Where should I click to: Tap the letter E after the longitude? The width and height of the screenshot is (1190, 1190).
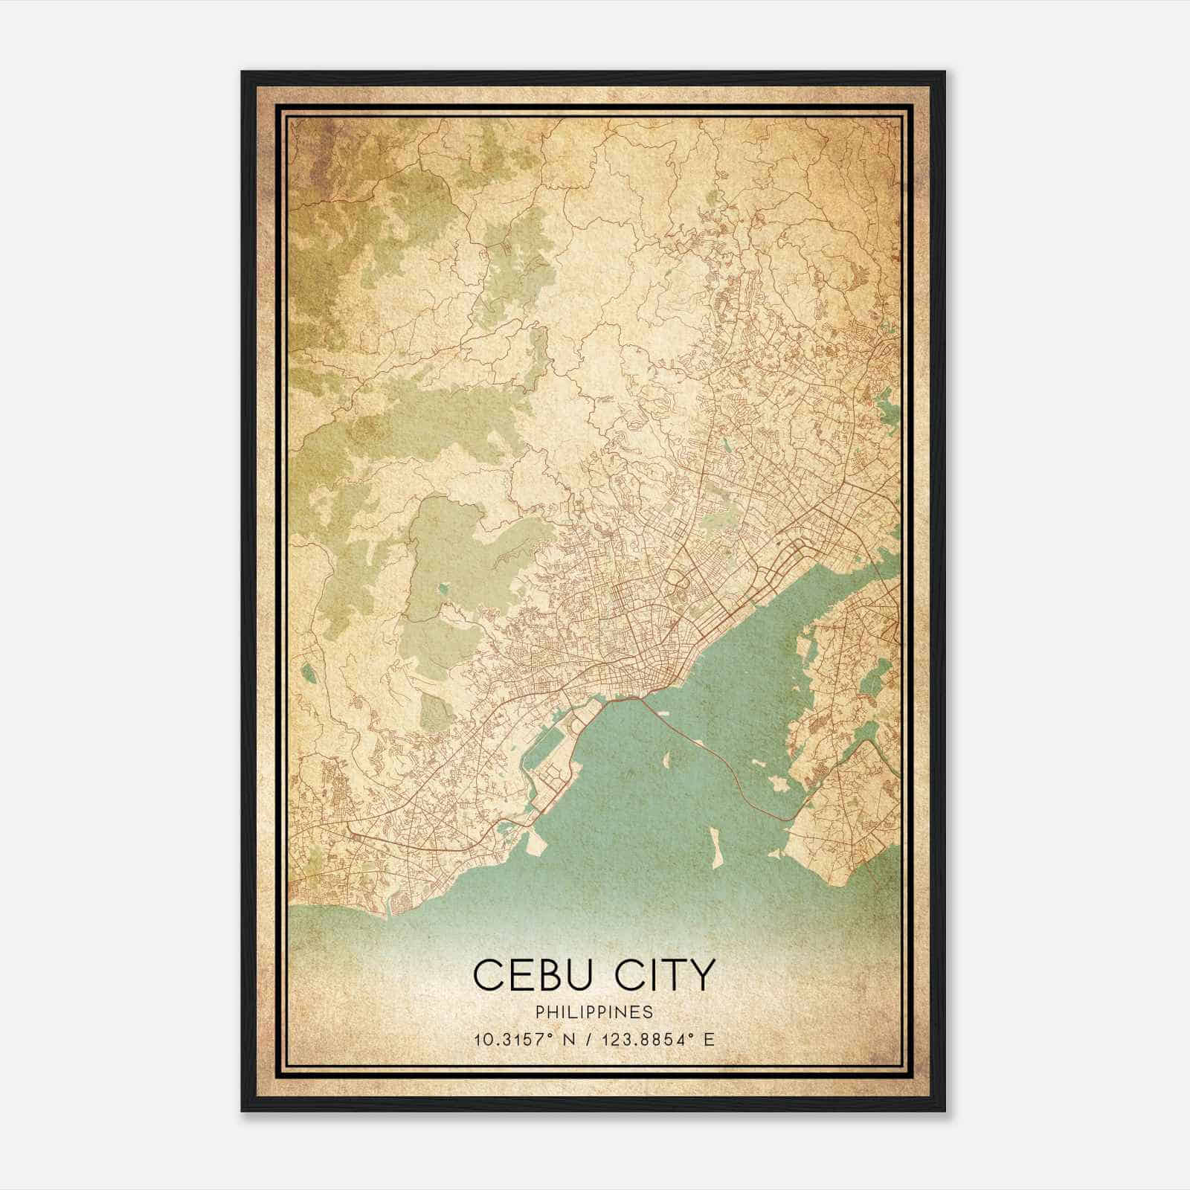click(x=709, y=1039)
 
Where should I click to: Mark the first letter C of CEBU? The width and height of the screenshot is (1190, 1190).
click(x=487, y=975)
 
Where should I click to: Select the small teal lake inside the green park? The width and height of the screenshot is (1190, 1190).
click(x=444, y=588)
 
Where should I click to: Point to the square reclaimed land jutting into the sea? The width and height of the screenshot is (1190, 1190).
click(x=539, y=843)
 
